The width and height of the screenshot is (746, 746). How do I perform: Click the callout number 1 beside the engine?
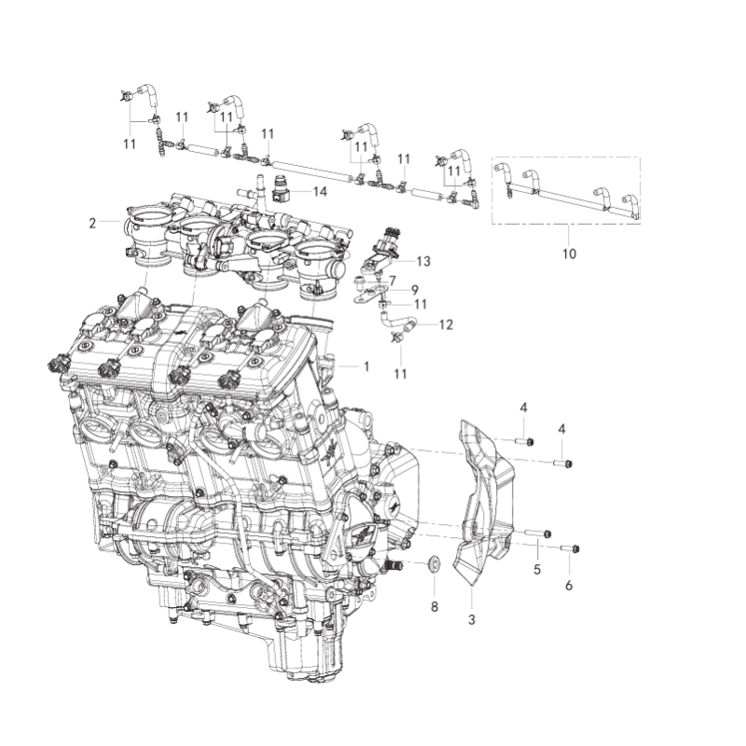tap(366, 367)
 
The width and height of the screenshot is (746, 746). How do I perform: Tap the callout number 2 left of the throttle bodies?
tap(92, 223)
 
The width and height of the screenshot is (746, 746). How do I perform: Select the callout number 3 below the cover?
tap(471, 619)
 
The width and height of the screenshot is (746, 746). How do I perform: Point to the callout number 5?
tap(537, 568)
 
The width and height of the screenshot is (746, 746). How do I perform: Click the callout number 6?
tap(569, 586)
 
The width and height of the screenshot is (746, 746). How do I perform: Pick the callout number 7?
tap(393, 281)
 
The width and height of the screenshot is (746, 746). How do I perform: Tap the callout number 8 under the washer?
tap(434, 607)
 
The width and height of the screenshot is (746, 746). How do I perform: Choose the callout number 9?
tap(415, 290)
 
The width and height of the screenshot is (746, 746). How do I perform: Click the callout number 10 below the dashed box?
tap(570, 254)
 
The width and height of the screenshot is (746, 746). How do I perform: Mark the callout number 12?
tap(446, 325)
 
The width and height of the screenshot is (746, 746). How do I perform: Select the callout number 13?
tap(424, 261)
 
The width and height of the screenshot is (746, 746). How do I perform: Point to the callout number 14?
tap(320, 191)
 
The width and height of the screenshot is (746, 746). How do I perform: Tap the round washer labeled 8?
tap(434, 565)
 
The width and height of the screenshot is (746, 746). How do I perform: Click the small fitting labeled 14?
tap(280, 192)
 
